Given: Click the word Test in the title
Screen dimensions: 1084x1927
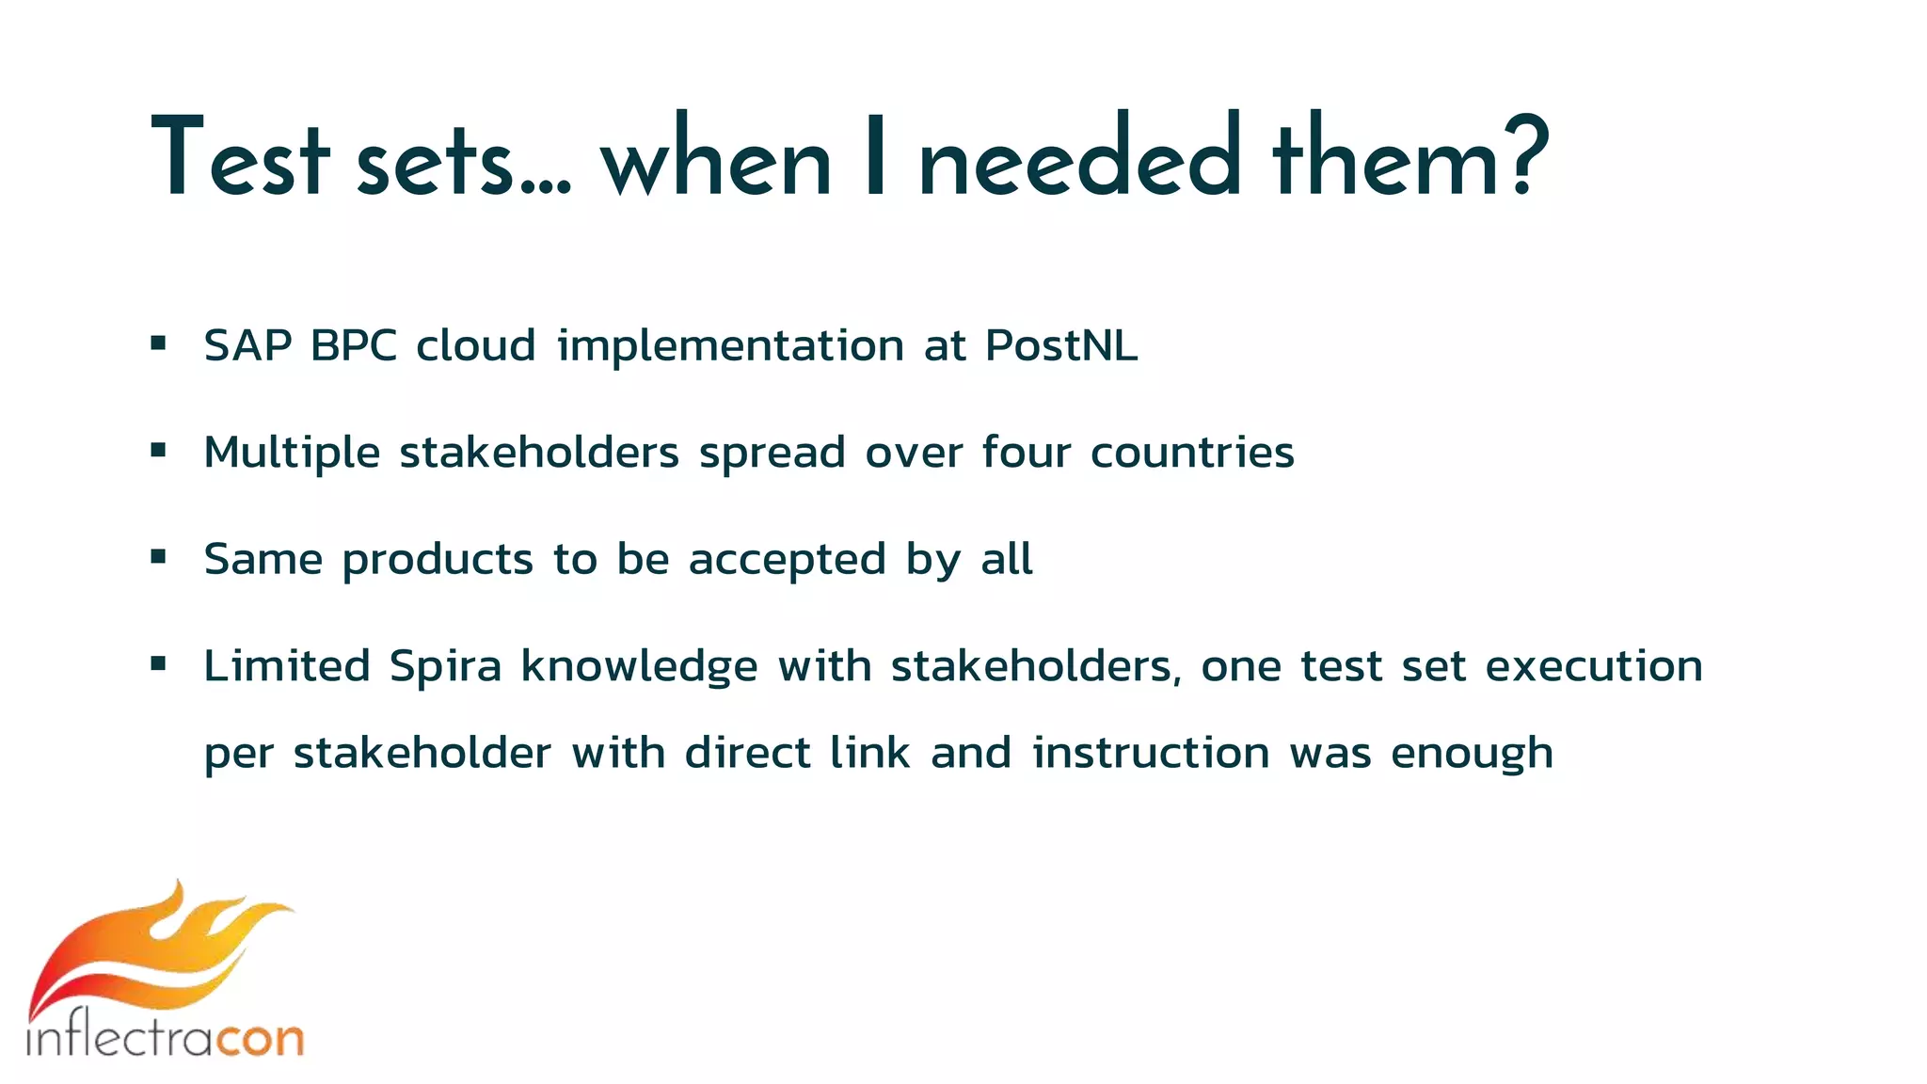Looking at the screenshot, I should pos(240,158).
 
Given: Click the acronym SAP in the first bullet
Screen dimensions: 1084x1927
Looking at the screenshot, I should pos(247,345).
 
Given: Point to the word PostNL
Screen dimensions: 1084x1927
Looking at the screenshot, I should pos(1061,345).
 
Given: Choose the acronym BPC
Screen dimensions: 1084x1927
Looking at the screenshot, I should pos(354,345).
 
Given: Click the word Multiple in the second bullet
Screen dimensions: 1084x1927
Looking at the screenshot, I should pos(292,453).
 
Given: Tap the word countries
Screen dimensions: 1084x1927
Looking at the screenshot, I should pos(1192,453).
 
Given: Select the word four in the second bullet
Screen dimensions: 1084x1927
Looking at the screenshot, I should pos(1027,453).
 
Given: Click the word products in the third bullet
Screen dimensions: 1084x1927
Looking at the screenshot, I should pos(438,561).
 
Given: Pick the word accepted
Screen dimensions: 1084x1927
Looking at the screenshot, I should pos(788,560).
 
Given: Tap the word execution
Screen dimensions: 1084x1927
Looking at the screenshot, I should pos(1594,666).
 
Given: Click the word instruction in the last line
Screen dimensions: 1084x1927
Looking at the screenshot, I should pos(1151,753).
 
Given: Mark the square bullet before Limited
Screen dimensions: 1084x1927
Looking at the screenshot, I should pos(158,664).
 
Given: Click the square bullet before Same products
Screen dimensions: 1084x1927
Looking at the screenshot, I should pos(158,557).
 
